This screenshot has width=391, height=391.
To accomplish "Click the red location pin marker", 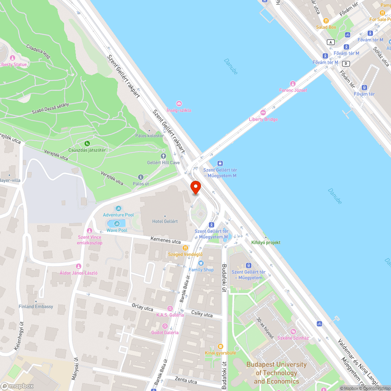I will coord(195,188).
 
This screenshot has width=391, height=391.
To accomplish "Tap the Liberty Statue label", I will coord(14,65).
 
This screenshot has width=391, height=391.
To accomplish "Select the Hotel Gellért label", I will coord(165,221).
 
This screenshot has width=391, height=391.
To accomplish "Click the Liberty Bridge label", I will coord(263,119).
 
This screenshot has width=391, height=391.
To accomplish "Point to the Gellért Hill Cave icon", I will coord(163,156).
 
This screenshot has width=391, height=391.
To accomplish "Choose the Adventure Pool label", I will coord(118,215).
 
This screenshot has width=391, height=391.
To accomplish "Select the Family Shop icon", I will coord(201,263).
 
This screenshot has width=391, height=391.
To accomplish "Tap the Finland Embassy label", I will coord(36,307).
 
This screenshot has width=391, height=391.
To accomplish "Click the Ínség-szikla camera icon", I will coord(179,104).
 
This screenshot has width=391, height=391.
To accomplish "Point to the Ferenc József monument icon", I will coord(292,84).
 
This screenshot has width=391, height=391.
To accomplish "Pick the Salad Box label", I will coord(326,27).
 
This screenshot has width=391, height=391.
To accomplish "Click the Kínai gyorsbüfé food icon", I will coord(220,346).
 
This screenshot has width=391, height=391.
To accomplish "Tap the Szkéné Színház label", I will coord(293,338).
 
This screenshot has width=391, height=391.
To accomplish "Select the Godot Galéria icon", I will coord(165,326).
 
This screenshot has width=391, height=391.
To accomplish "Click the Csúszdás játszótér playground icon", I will coord(87,143).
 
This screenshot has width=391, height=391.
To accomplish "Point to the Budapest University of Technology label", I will coord(276,373).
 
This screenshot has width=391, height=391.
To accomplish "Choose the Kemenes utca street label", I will coord(166,240).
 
